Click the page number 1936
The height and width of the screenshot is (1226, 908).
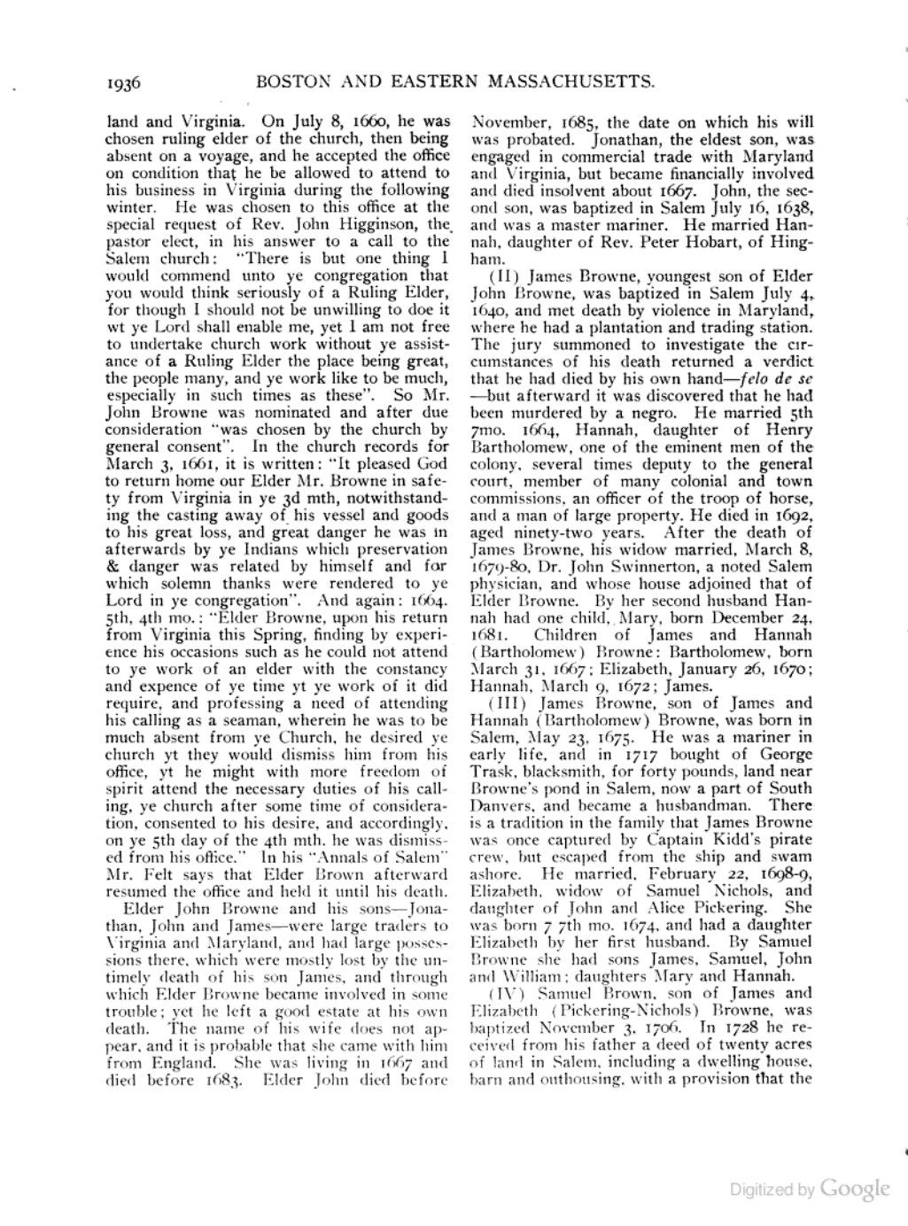[124, 83]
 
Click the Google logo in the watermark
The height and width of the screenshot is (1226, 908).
[854, 1189]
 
